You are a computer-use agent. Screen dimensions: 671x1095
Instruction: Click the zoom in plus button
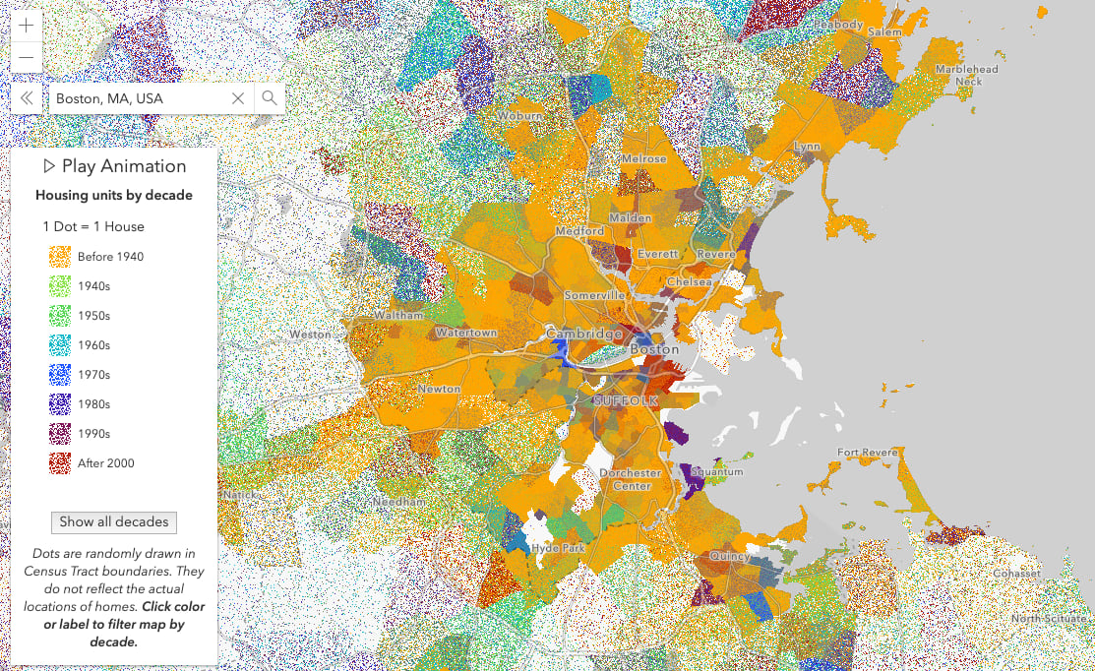point(26,27)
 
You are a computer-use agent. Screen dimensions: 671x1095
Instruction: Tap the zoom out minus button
point(26,58)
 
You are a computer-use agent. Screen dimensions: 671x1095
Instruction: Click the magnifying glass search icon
point(270,98)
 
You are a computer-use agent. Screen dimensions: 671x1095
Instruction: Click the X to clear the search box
point(238,98)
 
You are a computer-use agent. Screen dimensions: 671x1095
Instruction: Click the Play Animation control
point(114,166)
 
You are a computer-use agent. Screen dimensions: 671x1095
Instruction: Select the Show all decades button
point(114,521)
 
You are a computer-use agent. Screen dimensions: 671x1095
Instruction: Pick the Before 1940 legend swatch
point(60,257)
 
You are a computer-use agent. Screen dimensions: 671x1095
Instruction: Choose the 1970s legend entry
point(93,375)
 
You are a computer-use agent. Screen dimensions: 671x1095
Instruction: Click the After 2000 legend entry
point(105,463)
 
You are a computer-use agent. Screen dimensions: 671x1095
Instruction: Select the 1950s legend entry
point(93,316)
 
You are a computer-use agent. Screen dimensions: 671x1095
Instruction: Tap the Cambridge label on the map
point(585,333)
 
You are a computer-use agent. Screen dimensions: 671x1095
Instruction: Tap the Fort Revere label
point(867,453)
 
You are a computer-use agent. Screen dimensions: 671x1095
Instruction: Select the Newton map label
point(439,389)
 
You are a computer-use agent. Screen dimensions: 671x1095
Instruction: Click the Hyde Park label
point(557,548)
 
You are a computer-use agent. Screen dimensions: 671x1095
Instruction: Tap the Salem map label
point(883,32)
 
